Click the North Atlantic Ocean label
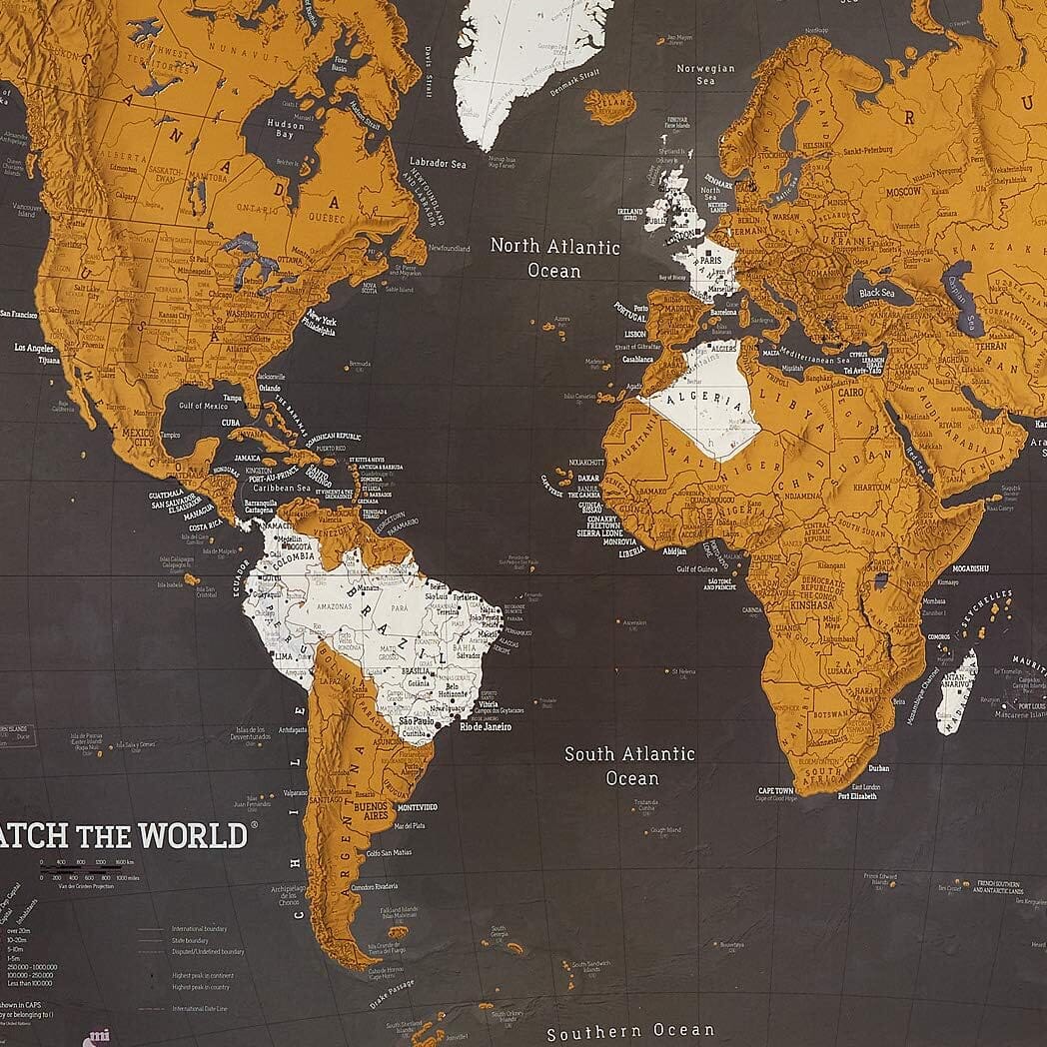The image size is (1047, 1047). tap(554, 258)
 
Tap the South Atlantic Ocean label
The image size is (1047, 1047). tap(629, 765)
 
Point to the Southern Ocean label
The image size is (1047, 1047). tap(630, 1031)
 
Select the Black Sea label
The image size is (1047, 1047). tap(877, 293)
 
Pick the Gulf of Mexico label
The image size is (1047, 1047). tap(204, 406)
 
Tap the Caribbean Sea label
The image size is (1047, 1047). tap(283, 488)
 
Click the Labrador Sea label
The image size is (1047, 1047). tap(438, 163)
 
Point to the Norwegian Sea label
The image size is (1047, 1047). tap(705, 75)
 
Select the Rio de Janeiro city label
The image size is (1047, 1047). tap(485, 726)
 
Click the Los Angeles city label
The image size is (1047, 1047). tap(35, 348)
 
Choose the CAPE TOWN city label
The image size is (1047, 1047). tap(775, 789)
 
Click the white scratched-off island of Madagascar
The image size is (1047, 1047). tap(956, 689)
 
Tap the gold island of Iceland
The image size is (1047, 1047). tap(609, 105)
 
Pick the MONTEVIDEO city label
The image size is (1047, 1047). tap(417, 807)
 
